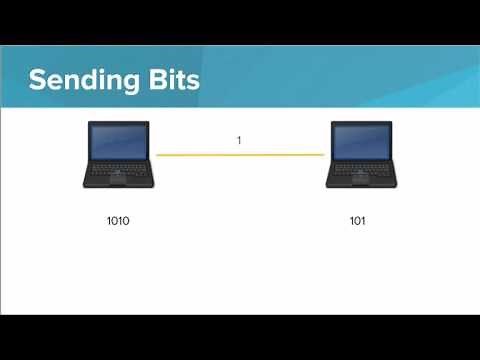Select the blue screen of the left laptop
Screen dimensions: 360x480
coord(118,144)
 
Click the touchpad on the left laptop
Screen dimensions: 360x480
coord(118,182)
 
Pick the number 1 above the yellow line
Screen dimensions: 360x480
coord(239,141)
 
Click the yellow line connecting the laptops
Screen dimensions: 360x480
coord(240,155)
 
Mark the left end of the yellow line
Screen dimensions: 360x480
coord(158,155)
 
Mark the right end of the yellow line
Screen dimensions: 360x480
coord(324,155)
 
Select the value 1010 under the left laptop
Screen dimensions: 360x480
coord(118,220)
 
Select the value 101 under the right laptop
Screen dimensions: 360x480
coord(357,220)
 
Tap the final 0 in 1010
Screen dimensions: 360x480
coord(127,220)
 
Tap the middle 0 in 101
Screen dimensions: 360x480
coord(357,220)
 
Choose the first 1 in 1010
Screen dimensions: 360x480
coord(108,220)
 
